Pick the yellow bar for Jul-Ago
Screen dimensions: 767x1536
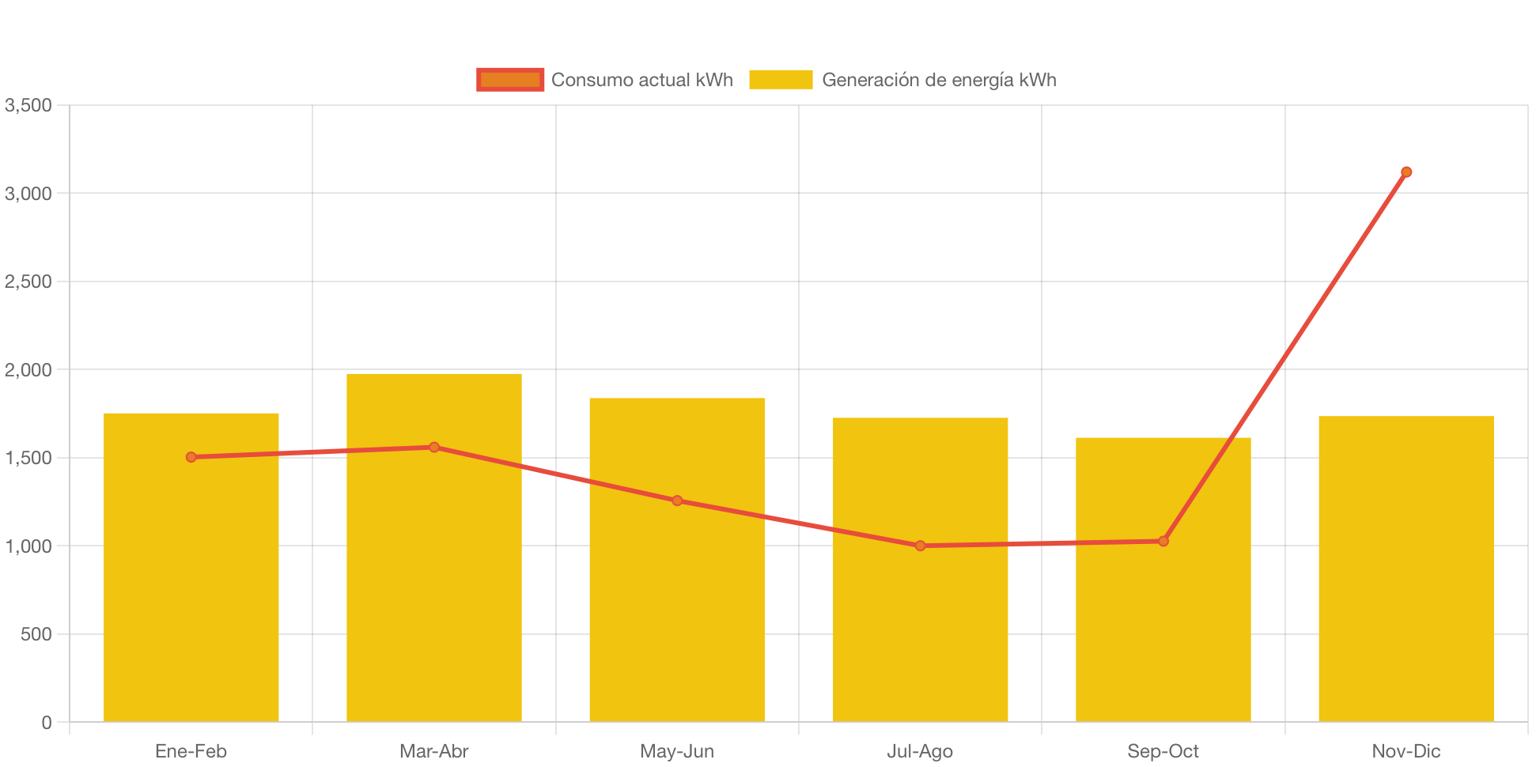[920, 633]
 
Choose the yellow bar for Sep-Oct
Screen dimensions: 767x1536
[1163, 633]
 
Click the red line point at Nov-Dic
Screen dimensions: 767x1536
[1406, 172]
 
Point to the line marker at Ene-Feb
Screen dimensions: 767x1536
[191, 457]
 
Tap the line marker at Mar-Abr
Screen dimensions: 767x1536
[433, 448]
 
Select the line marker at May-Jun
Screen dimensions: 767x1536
[677, 501]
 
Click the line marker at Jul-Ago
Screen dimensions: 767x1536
[920, 546]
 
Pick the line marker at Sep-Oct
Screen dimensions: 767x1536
[1163, 541]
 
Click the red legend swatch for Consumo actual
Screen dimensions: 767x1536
[510, 80]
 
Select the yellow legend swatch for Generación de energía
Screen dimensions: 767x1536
[781, 80]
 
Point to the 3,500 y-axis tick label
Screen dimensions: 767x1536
[28, 105]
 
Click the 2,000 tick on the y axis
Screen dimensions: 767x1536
[28, 370]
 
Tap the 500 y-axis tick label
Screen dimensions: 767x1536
[36, 634]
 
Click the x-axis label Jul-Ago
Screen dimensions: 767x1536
[920, 751]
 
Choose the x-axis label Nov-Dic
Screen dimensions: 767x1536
[1405, 751]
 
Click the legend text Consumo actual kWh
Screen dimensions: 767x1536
[641, 80]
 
